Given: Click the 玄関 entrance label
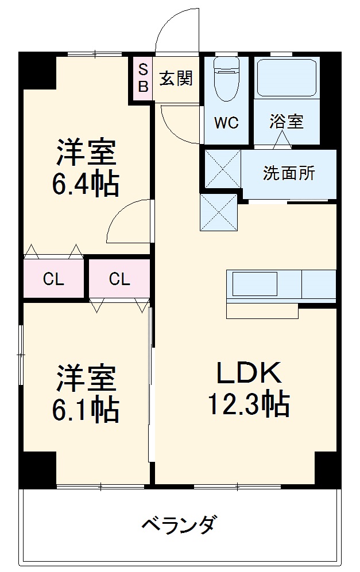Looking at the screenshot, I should tap(176, 79).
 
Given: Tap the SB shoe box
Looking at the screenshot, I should tap(143, 79).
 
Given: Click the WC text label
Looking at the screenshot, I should tap(226, 123).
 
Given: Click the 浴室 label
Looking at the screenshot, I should tap(287, 122).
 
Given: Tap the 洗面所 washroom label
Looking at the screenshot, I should tap(289, 173).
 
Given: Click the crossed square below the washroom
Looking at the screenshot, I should tap(218, 212).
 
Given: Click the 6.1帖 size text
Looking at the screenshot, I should tap(87, 410).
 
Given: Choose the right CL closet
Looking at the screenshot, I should tap(119, 279).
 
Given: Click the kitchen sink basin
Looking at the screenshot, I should tap(254, 283).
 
